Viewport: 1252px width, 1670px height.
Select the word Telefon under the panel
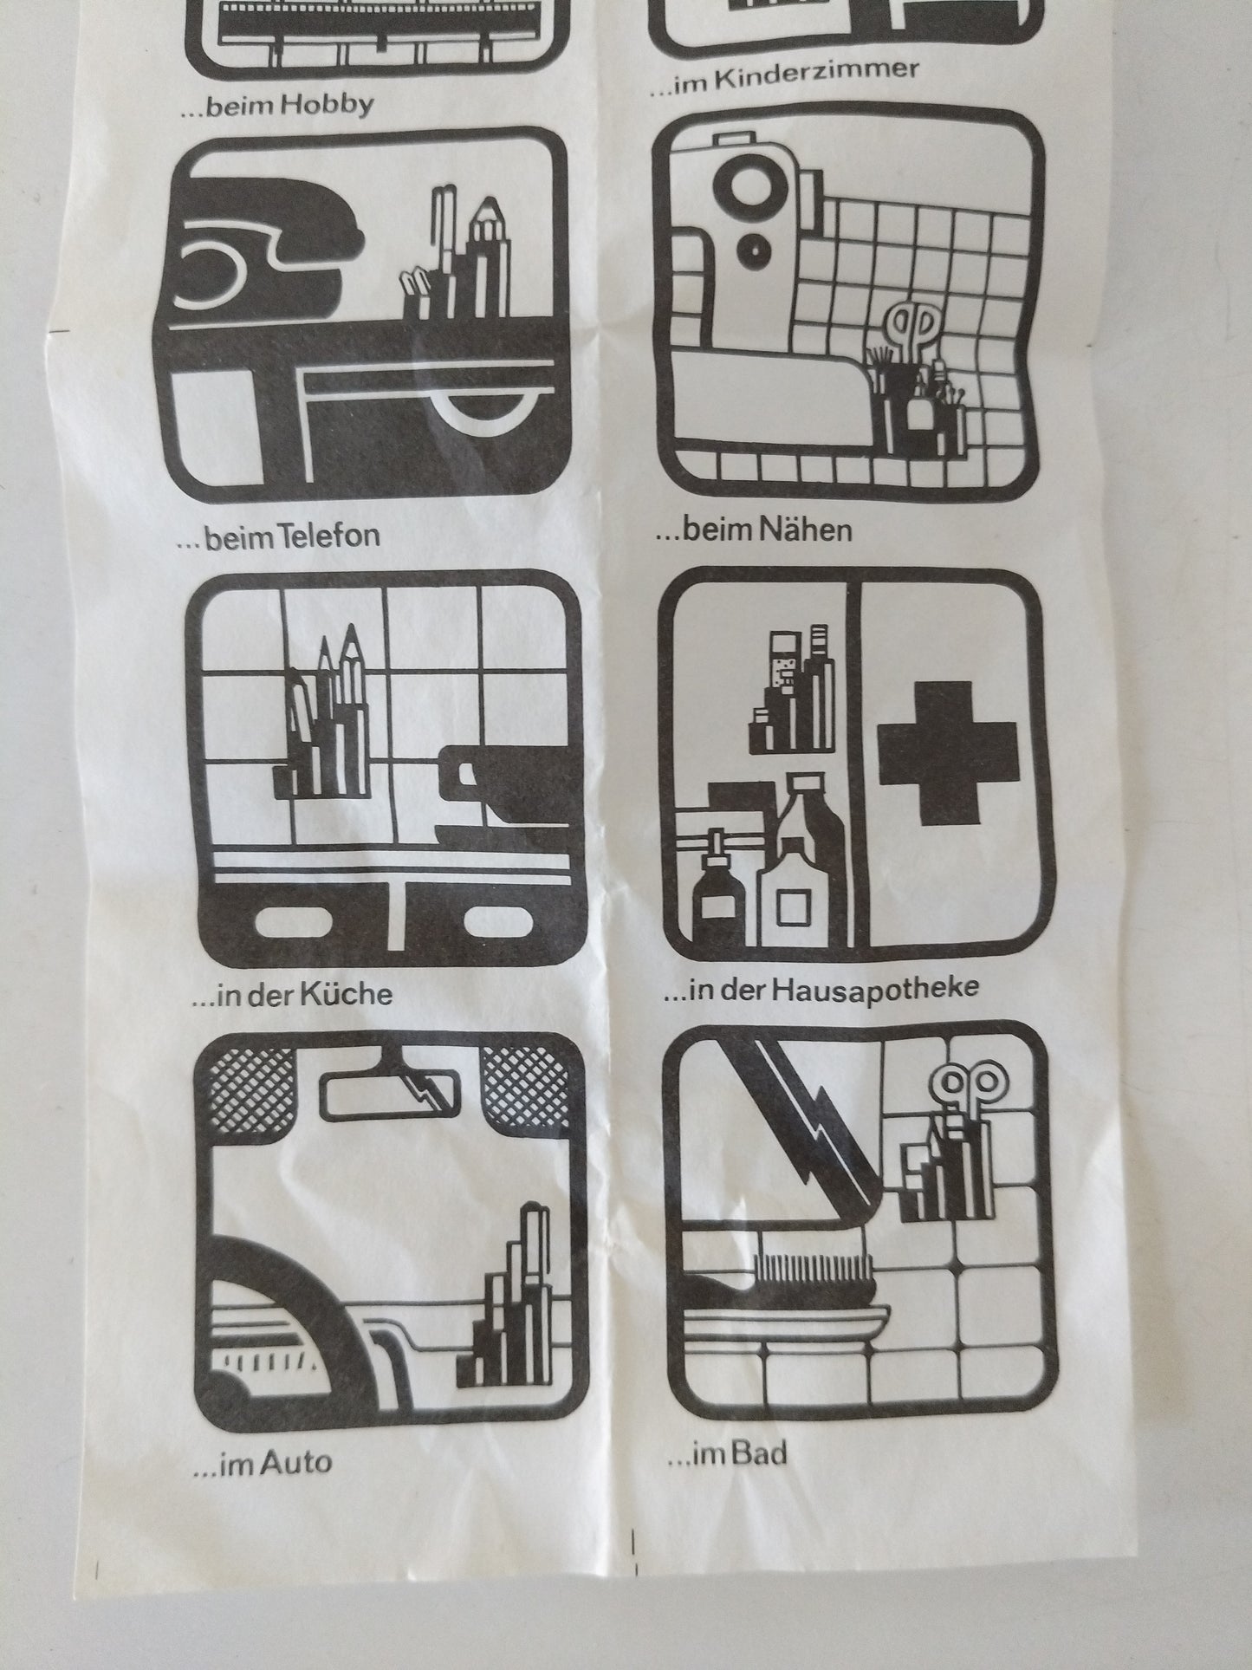(327, 536)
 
